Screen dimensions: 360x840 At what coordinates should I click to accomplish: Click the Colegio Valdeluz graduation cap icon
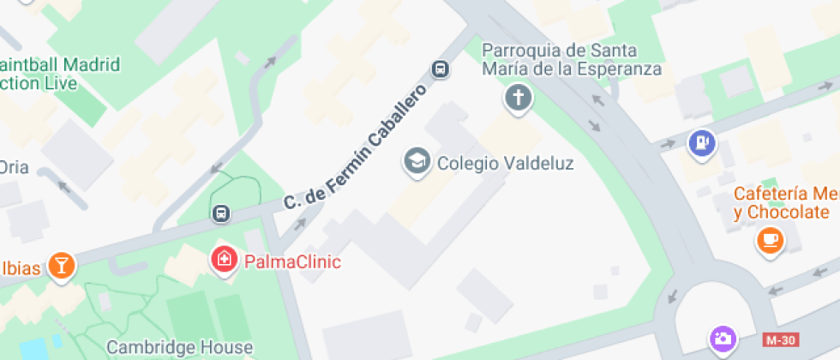pos(417,161)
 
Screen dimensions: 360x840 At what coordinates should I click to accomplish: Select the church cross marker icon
pos(518,97)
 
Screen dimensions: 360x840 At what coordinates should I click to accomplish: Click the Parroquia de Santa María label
pos(572,59)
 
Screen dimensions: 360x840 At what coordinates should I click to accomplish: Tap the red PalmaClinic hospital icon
pos(225,259)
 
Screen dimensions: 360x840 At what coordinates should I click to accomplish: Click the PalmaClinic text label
pos(292,261)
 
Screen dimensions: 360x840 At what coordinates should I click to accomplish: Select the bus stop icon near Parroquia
pos(441,69)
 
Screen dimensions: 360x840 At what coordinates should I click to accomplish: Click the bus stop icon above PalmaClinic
pos(220,212)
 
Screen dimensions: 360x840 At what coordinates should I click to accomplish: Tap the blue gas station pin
pos(702,143)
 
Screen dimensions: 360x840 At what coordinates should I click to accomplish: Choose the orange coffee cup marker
pos(770,238)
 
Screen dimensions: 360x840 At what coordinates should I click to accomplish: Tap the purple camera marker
pos(722,338)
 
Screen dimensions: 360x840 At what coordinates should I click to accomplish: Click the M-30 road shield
pos(780,340)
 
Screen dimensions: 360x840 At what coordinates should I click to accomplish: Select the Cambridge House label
pos(179,347)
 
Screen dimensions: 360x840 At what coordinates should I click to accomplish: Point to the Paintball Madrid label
pos(60,74)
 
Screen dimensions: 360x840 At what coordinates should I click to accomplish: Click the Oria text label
pos(15,167)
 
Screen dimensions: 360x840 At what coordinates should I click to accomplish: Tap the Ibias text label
pos(20,268)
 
